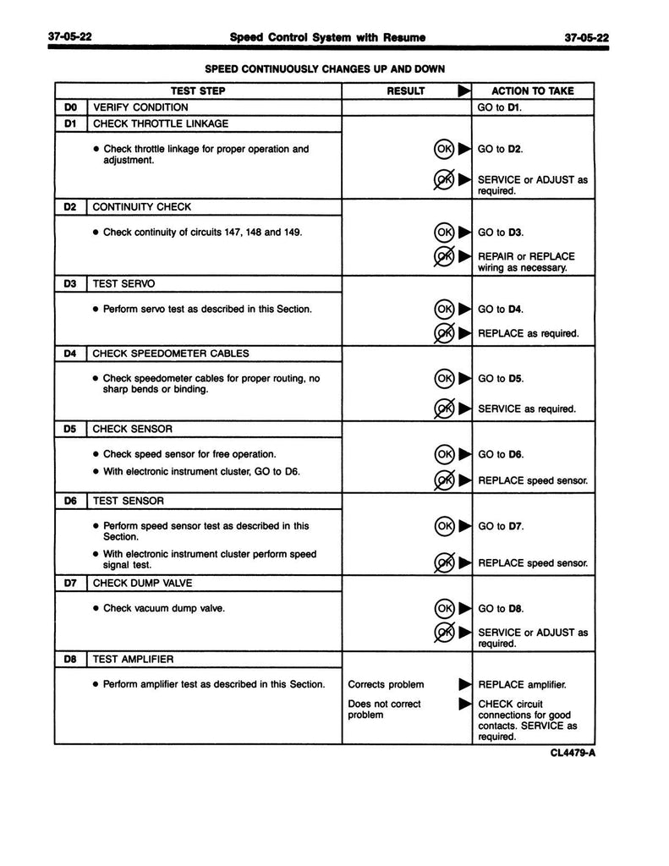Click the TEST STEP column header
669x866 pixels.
[199, 91]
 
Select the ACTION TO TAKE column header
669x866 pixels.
[532, 91]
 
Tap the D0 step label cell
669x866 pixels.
[70, 107]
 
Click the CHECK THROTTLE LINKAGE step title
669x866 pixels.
[160, 123]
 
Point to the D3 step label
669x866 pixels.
[70, 285]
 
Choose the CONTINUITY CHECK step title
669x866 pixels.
[141, 206]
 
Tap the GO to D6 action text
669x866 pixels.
[501, 454]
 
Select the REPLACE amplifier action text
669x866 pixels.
[522, 684]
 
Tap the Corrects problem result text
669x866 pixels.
[386, 684]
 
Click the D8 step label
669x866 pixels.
[70, 659]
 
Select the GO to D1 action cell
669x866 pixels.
[499, 107]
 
